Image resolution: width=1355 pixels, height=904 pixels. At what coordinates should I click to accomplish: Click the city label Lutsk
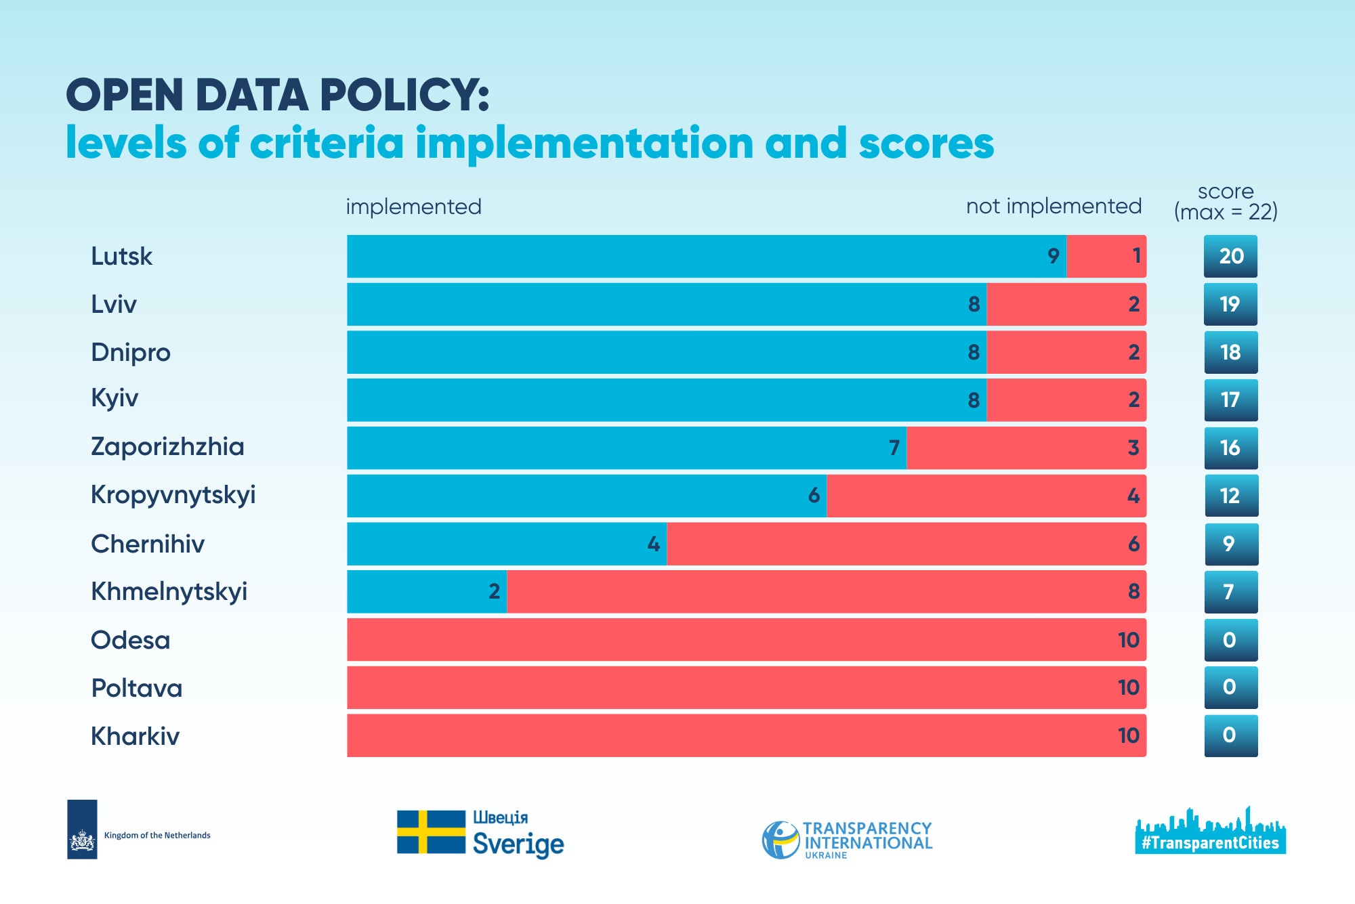click(122, 257)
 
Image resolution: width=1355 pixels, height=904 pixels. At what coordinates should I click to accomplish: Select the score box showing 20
click(1230, 256)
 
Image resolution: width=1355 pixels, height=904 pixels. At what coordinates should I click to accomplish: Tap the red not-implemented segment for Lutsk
click(1106, 256)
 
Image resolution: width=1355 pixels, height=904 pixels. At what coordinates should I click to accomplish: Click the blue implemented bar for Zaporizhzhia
click(627, 448)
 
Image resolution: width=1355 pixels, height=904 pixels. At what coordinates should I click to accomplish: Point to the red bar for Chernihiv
click(906, 544)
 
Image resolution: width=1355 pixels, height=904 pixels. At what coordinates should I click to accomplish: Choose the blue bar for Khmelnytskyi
click(427, 591)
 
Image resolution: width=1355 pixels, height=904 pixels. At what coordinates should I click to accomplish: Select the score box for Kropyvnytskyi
click(1230, 496)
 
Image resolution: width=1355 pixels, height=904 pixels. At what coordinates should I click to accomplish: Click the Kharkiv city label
click(135, 736)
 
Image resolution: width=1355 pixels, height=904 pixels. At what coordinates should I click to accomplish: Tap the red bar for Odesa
click(746, 639)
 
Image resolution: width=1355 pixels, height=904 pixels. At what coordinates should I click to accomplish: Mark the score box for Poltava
click(1230, 687)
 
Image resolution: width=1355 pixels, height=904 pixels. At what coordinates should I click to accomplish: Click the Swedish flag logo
click(431, 832)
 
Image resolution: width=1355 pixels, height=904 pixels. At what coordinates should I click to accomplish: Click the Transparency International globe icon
click(780, 840)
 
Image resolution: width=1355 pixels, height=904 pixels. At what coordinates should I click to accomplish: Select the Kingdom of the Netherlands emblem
click(82, 830)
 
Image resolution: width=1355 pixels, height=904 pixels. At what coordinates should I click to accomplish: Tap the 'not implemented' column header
click(1054, 206)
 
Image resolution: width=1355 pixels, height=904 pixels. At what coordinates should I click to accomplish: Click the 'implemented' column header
click(413, 207)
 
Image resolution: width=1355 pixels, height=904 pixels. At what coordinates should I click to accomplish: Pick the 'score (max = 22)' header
click(1226, 202)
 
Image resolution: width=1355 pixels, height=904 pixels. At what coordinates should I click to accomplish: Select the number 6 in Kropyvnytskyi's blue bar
click(814, 496)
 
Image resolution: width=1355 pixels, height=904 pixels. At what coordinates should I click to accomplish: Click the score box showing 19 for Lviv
click(1230, 304)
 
